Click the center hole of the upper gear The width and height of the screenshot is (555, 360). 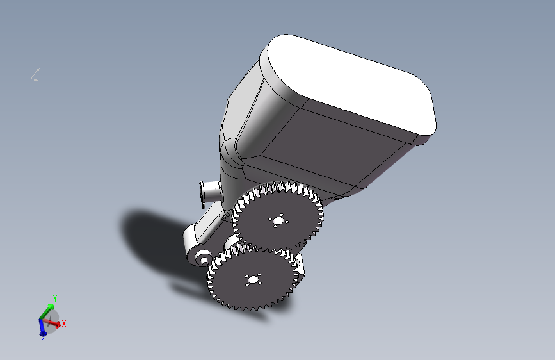click(x=278, y=221)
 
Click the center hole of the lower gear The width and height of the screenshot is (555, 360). click(x=253, y=280)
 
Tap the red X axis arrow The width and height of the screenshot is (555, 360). click(x=51, y=322)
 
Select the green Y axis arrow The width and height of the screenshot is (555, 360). click(x=47, y=311)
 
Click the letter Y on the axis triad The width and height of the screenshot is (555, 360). click(x=55, y=298)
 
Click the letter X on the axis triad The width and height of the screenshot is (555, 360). click(x=64, y=323)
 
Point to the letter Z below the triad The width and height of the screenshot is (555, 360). click(x=44, y=338)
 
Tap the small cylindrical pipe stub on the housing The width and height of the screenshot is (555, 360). click(x=209, y=193)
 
